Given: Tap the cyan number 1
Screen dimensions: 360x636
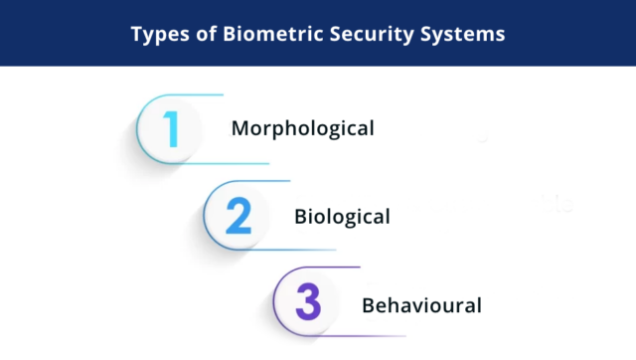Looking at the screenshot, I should click(172, 128).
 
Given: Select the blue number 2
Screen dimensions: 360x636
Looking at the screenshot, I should click(238, 216).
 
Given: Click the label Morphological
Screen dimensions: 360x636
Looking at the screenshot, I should click(302, 128).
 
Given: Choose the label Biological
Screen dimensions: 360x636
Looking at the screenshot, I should click(342, 216).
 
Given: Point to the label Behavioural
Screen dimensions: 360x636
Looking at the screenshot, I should click(421, 304).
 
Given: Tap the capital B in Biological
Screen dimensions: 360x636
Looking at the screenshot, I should click(300, 216).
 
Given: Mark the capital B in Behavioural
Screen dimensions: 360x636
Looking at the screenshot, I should click(367, 304).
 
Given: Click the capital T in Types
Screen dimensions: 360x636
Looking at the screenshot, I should click(136, 34).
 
